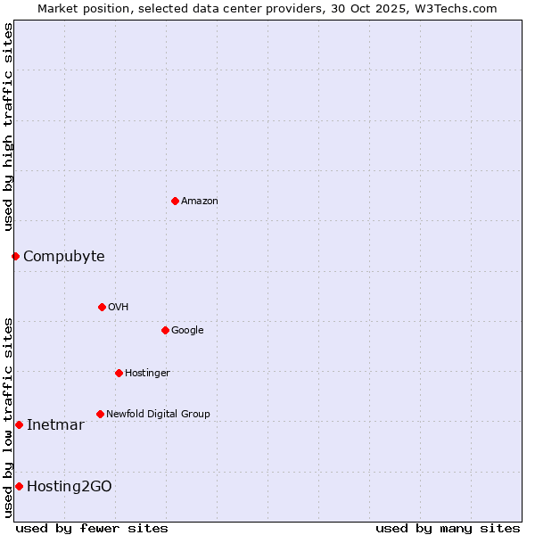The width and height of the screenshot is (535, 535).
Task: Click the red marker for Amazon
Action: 175,201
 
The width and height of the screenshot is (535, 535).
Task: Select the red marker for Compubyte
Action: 15,257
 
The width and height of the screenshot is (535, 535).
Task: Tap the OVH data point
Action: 102,307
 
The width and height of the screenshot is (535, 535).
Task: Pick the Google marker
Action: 165,330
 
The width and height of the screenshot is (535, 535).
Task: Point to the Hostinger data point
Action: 119,373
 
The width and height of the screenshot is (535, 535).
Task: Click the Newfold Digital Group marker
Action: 100,414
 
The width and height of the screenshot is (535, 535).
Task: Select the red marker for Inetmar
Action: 19,424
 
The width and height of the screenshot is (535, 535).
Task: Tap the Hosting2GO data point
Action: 19,486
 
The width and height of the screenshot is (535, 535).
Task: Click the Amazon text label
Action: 200,202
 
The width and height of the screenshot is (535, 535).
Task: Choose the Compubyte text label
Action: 63,257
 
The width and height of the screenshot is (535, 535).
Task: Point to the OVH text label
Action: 119,308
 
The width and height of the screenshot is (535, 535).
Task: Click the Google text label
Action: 187,331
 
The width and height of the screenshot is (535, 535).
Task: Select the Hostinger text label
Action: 147,374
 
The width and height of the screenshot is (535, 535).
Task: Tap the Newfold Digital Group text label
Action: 158,415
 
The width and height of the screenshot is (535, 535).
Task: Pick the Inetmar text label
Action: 55,425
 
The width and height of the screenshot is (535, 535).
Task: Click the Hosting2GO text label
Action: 70,487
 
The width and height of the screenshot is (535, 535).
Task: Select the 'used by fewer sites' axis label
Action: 92,528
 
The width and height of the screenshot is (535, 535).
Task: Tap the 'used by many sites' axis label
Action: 448,528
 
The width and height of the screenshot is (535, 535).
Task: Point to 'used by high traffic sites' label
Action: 9,127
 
